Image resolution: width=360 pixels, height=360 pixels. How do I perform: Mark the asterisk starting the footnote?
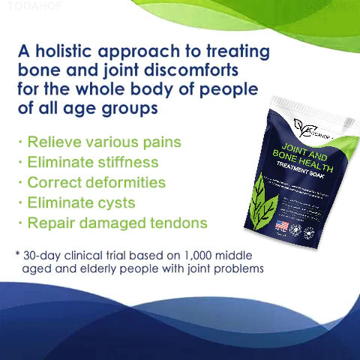coord(17,253)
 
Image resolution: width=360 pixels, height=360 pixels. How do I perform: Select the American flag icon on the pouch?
coord(280,225)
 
